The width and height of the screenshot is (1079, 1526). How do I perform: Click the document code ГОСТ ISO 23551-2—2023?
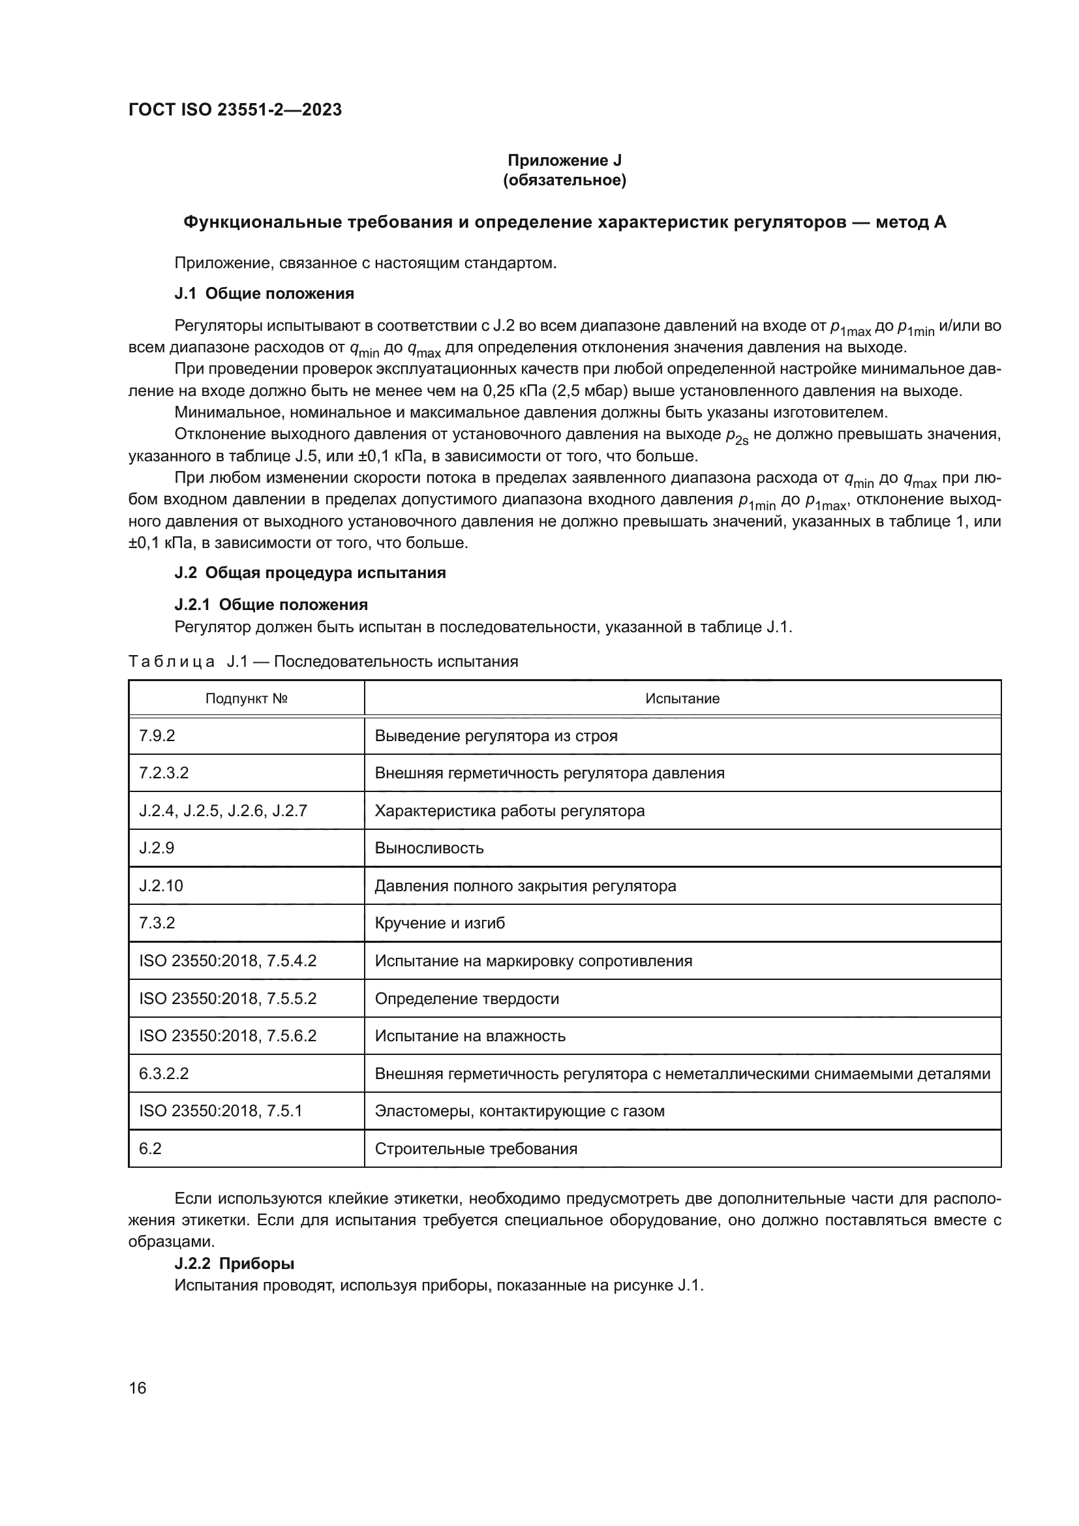[235, 110]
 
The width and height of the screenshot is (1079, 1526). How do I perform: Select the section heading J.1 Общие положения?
[264, 294]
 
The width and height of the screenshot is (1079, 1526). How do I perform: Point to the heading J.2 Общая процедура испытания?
[310, 573]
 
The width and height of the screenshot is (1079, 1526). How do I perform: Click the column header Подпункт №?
[246, 699]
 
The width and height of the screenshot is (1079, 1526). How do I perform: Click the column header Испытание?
[682, 699]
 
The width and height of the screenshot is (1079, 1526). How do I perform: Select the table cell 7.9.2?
[157, 736]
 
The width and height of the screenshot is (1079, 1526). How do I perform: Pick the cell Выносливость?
[429, 848]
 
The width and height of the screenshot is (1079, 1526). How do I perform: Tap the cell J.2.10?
[160, 886]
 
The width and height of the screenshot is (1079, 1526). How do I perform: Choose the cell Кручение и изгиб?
[439, 923]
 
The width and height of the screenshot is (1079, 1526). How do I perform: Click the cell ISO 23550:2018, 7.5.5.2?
[227, 998]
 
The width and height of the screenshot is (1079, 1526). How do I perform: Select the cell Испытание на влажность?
[470, 1035]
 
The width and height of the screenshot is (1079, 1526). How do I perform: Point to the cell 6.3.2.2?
[164, 1073]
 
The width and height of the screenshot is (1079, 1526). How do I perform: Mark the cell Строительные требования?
[476, 1148]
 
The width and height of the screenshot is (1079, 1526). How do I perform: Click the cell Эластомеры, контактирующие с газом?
[519, 1110]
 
